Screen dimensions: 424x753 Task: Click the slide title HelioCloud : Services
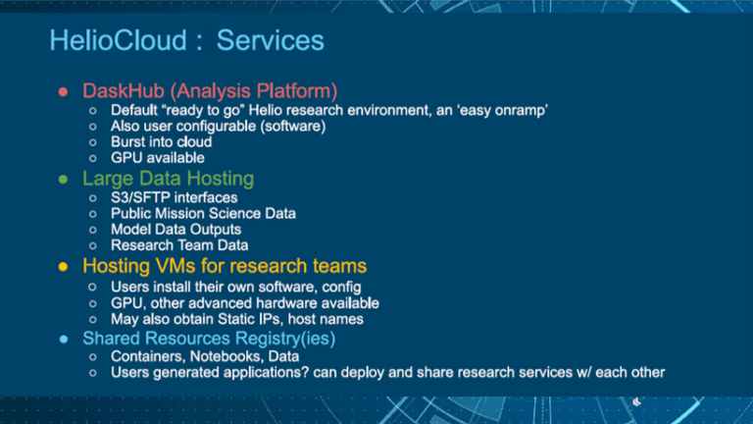pyautogui.click(x=186, y=41)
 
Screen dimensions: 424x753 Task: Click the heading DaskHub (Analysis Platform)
pyautogui.click(x=210, y=91)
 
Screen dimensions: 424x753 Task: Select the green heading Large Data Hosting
pyautogui.click(x=168, y=179)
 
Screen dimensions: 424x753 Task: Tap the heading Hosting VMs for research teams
pyautogui.click(x=225, y=266)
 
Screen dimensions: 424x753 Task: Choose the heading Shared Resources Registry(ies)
pyautogui.click(x=209, y=338)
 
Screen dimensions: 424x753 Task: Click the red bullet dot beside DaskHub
pyautogui.click(x=62, y=92)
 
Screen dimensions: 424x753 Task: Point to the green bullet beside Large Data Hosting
pyautogui.click(x=62, y=180)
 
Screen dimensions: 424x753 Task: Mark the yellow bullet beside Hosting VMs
pyautogui.click(x=62, y=267)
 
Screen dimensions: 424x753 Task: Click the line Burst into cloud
pyautogui.click(x=161, y=141)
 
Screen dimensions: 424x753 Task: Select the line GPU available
pyautogui.click(x=158, y=157)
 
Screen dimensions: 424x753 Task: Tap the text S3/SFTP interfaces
pyautogui.click(x=174, y=197)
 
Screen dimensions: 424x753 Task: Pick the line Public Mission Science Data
pyautogui.click(x=203, y=213)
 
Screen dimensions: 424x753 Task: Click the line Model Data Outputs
pyautogui.click(x=176, y=229)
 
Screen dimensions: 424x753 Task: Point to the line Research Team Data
pyautogui.click(x=179, y=244)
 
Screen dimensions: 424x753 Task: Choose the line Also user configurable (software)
pyautogui.click(x=218, y=126)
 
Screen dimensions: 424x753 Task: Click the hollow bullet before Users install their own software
pyautogui.click(x=91, y=288)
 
